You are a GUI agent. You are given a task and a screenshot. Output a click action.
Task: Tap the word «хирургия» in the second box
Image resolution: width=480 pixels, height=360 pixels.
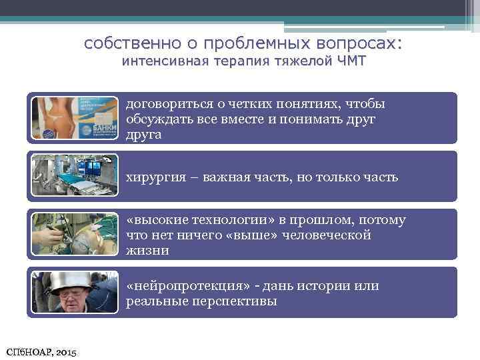point(151,177)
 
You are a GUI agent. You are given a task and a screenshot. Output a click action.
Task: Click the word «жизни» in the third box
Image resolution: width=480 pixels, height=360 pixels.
point(147,251)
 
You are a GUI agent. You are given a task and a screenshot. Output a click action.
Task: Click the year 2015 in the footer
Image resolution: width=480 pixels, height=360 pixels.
point(63,351)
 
